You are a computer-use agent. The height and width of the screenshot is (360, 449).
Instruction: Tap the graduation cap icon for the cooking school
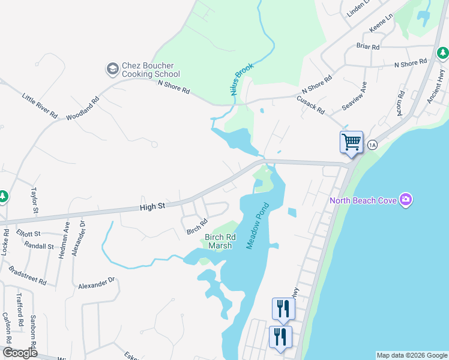point(112,70)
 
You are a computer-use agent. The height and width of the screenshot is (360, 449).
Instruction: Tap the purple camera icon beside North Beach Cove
point(406,199)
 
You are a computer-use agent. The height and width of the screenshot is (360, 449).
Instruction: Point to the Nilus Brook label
point(242,79)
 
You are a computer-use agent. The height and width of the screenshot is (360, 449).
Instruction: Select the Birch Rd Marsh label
point(220,241)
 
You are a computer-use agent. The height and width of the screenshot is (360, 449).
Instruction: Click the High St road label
point(152,206)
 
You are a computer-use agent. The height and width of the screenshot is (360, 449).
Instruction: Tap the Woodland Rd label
point(82,108)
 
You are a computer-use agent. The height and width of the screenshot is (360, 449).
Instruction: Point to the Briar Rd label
point(367,47)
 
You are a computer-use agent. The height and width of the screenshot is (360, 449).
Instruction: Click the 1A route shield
point(372,145)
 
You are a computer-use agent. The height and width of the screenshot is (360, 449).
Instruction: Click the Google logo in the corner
point(20,353)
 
